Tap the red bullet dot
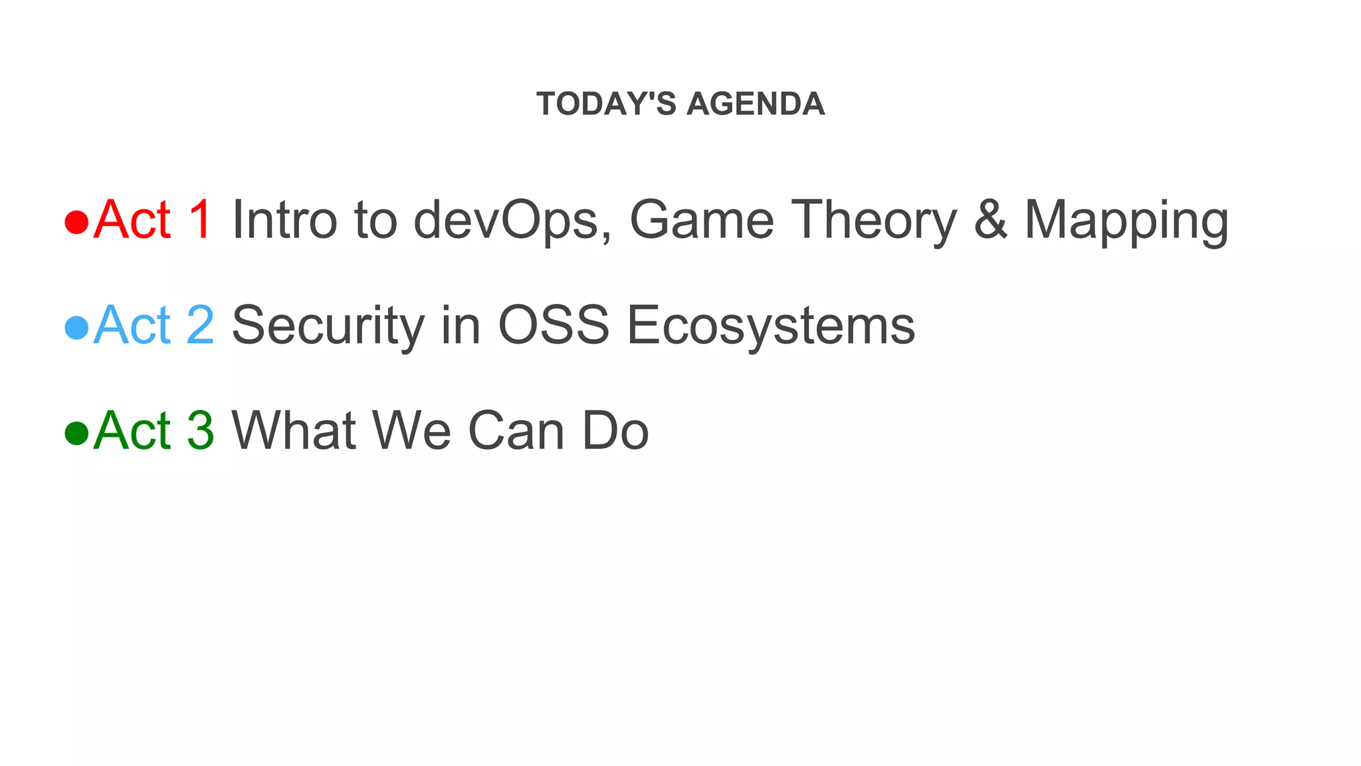point(77,222)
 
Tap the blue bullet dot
point(77,327)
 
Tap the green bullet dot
point(77,433)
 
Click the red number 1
point(199,219)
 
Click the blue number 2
point(200,325)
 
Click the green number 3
point(200,431)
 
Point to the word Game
point(701,220)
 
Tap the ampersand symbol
point(990,220)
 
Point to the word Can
point(516,431)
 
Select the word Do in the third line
point(615,431)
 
